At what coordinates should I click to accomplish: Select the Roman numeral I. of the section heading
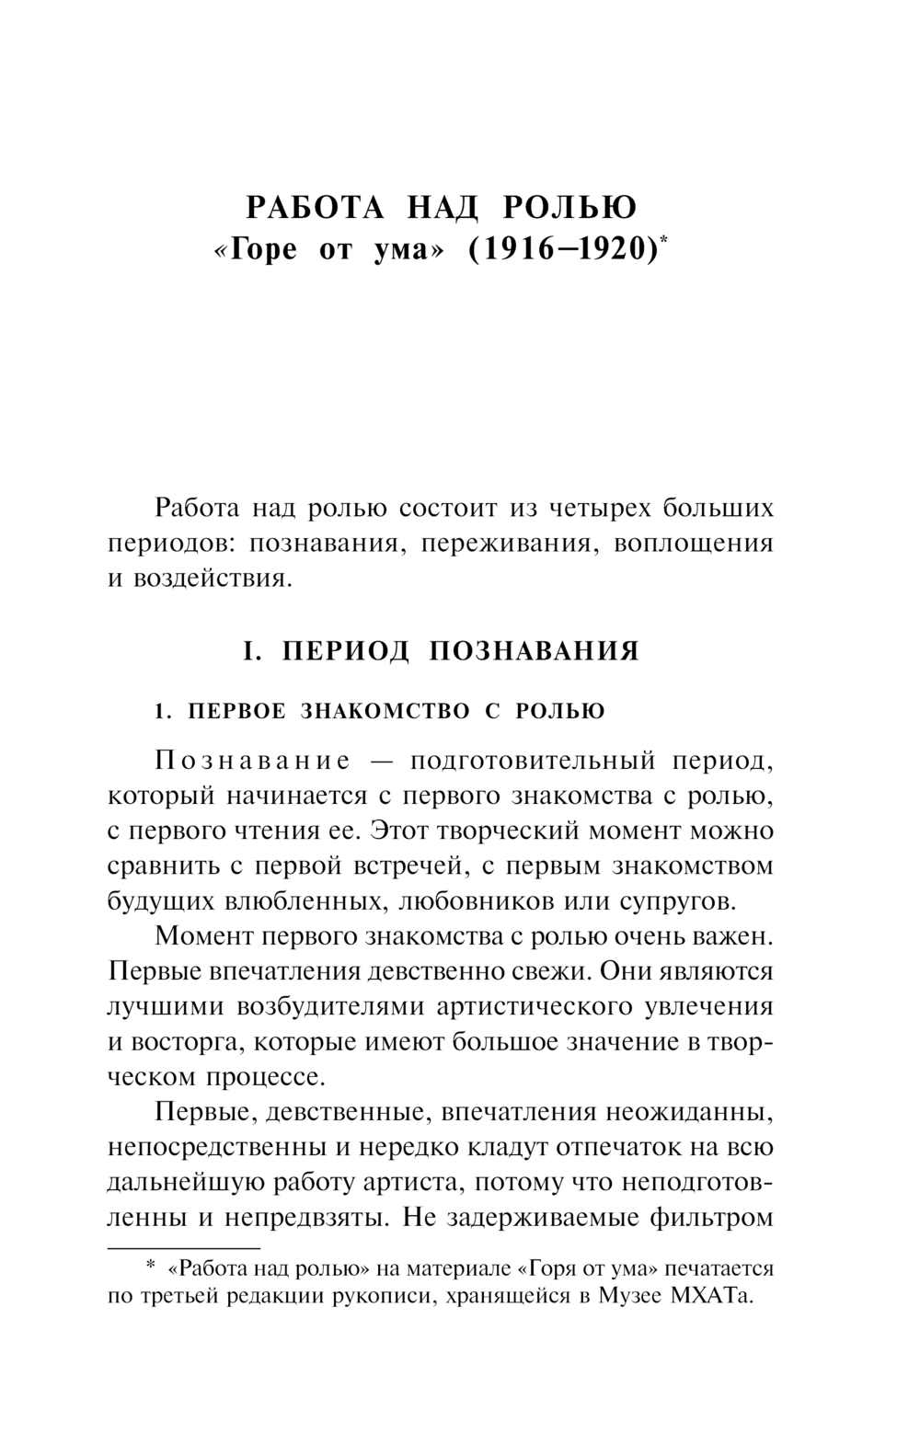247,651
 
